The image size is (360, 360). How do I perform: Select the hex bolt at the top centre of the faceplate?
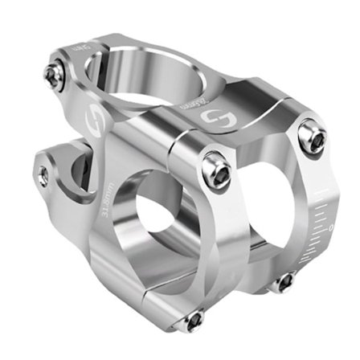[x=216, y=170]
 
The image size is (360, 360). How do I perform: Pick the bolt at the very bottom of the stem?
[x=193, y=321]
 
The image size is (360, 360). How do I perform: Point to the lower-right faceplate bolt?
[x=284, y=281]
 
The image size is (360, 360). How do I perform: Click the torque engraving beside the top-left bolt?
[x=81, y=51]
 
